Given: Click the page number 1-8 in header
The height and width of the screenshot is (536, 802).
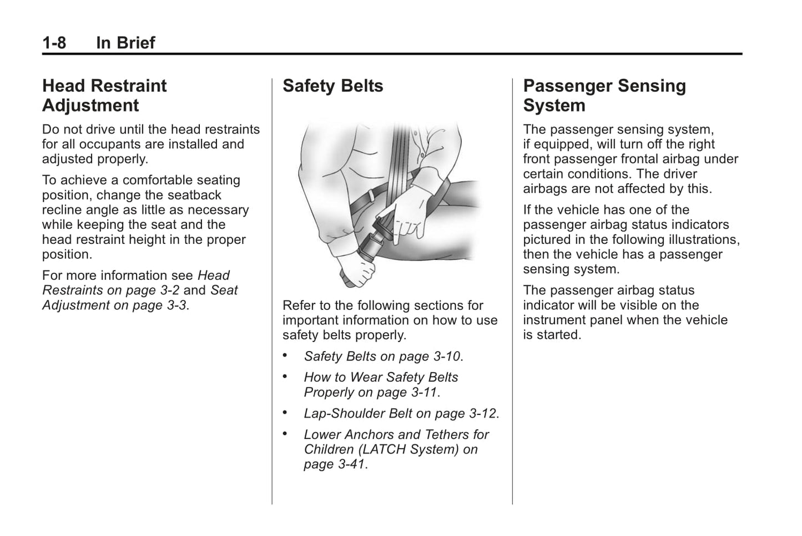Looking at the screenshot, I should pyautogui.click(x=54, y=42).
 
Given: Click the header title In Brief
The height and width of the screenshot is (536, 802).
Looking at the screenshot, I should pyautogui.click(x=125, y=42).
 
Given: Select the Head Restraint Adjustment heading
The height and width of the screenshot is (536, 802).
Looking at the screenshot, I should pyautogui.click(x=104, y=96).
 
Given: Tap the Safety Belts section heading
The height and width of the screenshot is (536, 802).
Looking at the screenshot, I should pyautogui.click(x=332, y=86).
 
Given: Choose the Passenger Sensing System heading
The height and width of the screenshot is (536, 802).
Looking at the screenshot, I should pyautogui.click(x=604, y=96).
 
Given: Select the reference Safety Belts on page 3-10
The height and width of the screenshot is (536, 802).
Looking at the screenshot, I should pyautogui.click(x=383, y=356).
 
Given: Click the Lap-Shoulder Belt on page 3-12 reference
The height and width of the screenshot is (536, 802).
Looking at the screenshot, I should pyautogui.click(x=401, y=413).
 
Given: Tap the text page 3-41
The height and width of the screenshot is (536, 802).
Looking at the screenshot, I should pyautogui.click(x=335, y=464).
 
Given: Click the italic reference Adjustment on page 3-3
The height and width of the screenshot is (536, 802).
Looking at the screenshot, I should pyautogui.click(x=115, y=305).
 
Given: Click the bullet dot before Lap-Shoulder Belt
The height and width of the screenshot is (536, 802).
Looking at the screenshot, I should pyautogui.click(x=285, y=413).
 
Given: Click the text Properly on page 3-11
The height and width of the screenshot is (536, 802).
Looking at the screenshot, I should pyautogui.click(x=371, y=392).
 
